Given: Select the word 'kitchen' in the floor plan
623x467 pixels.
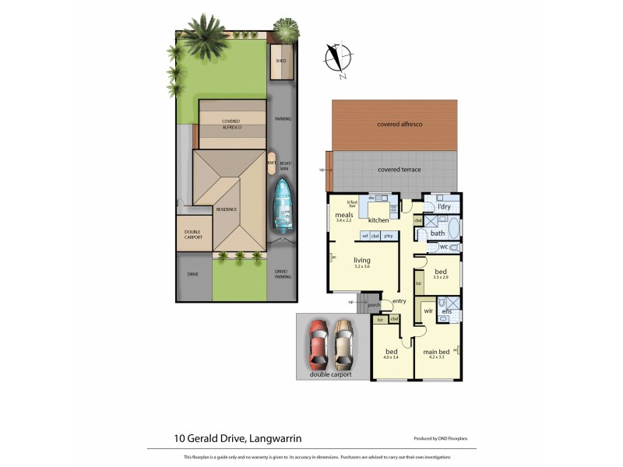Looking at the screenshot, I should click(378, 220).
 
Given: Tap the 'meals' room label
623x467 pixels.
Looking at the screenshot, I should click(344, 214).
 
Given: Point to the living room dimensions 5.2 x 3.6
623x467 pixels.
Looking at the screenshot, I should click(361, 267).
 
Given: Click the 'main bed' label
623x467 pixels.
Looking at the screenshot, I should click(435, 352).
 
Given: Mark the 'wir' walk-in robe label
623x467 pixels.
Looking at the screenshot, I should click(428, 311).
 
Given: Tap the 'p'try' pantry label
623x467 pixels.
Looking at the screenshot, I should click(388, 236).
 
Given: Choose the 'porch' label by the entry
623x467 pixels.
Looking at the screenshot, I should click(363, 305).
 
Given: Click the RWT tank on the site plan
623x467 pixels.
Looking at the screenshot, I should click(272, 163).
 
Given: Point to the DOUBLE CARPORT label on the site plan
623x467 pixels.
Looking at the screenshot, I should click(193, 235).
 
